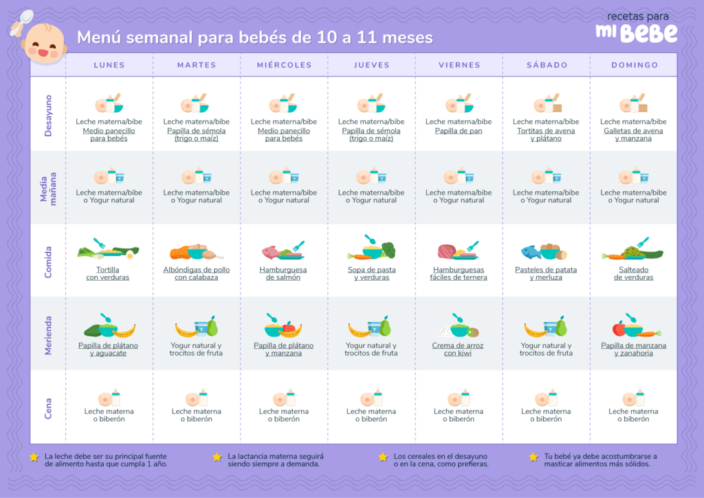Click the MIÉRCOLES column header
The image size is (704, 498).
(x=284, y=65)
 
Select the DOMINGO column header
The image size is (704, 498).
(x=634, y=65)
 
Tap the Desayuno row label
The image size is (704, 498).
(x=48, y=116)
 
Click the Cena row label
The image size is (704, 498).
(x=48, y=408)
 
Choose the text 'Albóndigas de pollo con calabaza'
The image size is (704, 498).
(x=197, y=274)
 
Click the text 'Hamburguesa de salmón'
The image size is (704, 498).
(x=284, y=274)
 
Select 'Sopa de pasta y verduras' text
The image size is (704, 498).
(x=371, y=274)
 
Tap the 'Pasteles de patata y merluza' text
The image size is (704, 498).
(x=546, y=274)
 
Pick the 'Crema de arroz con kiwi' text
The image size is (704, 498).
(x=459, y=349)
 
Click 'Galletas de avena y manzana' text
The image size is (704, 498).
(x=633, y=134)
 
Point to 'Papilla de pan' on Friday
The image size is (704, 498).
(x=459, y=131)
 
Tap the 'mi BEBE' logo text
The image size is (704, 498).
(x=636, y=32)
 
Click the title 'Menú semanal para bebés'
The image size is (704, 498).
(x=254, y=37)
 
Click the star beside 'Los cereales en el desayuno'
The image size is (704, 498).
(x=383, y=457)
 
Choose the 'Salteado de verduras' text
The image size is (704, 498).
(x=633, y=274)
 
